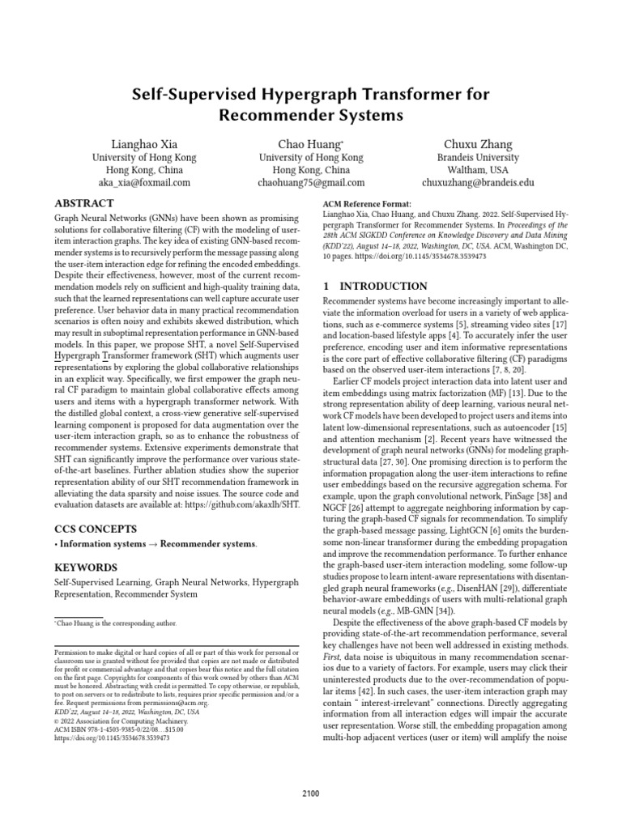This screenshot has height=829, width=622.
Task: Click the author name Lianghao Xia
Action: pos(141,144)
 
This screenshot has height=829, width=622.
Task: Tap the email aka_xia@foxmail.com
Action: pos(141,183)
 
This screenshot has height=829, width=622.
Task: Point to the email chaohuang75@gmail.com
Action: pos(311,183)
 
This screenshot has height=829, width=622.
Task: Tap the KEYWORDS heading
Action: pos(84,568)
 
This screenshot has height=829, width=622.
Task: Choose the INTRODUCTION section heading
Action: pos(375,286)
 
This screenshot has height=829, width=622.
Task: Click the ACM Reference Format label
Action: pos(367,204)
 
